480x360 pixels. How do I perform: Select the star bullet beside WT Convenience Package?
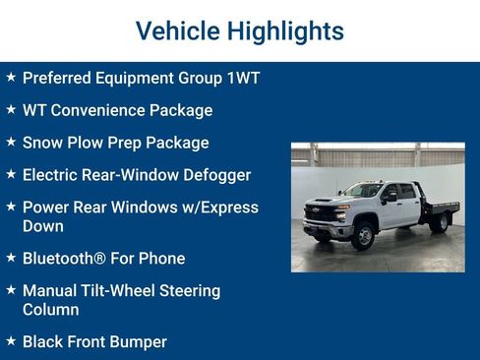click(11, 109)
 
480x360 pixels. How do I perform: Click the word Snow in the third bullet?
click(41, 143)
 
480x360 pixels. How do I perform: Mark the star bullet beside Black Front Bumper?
click(11, 341)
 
